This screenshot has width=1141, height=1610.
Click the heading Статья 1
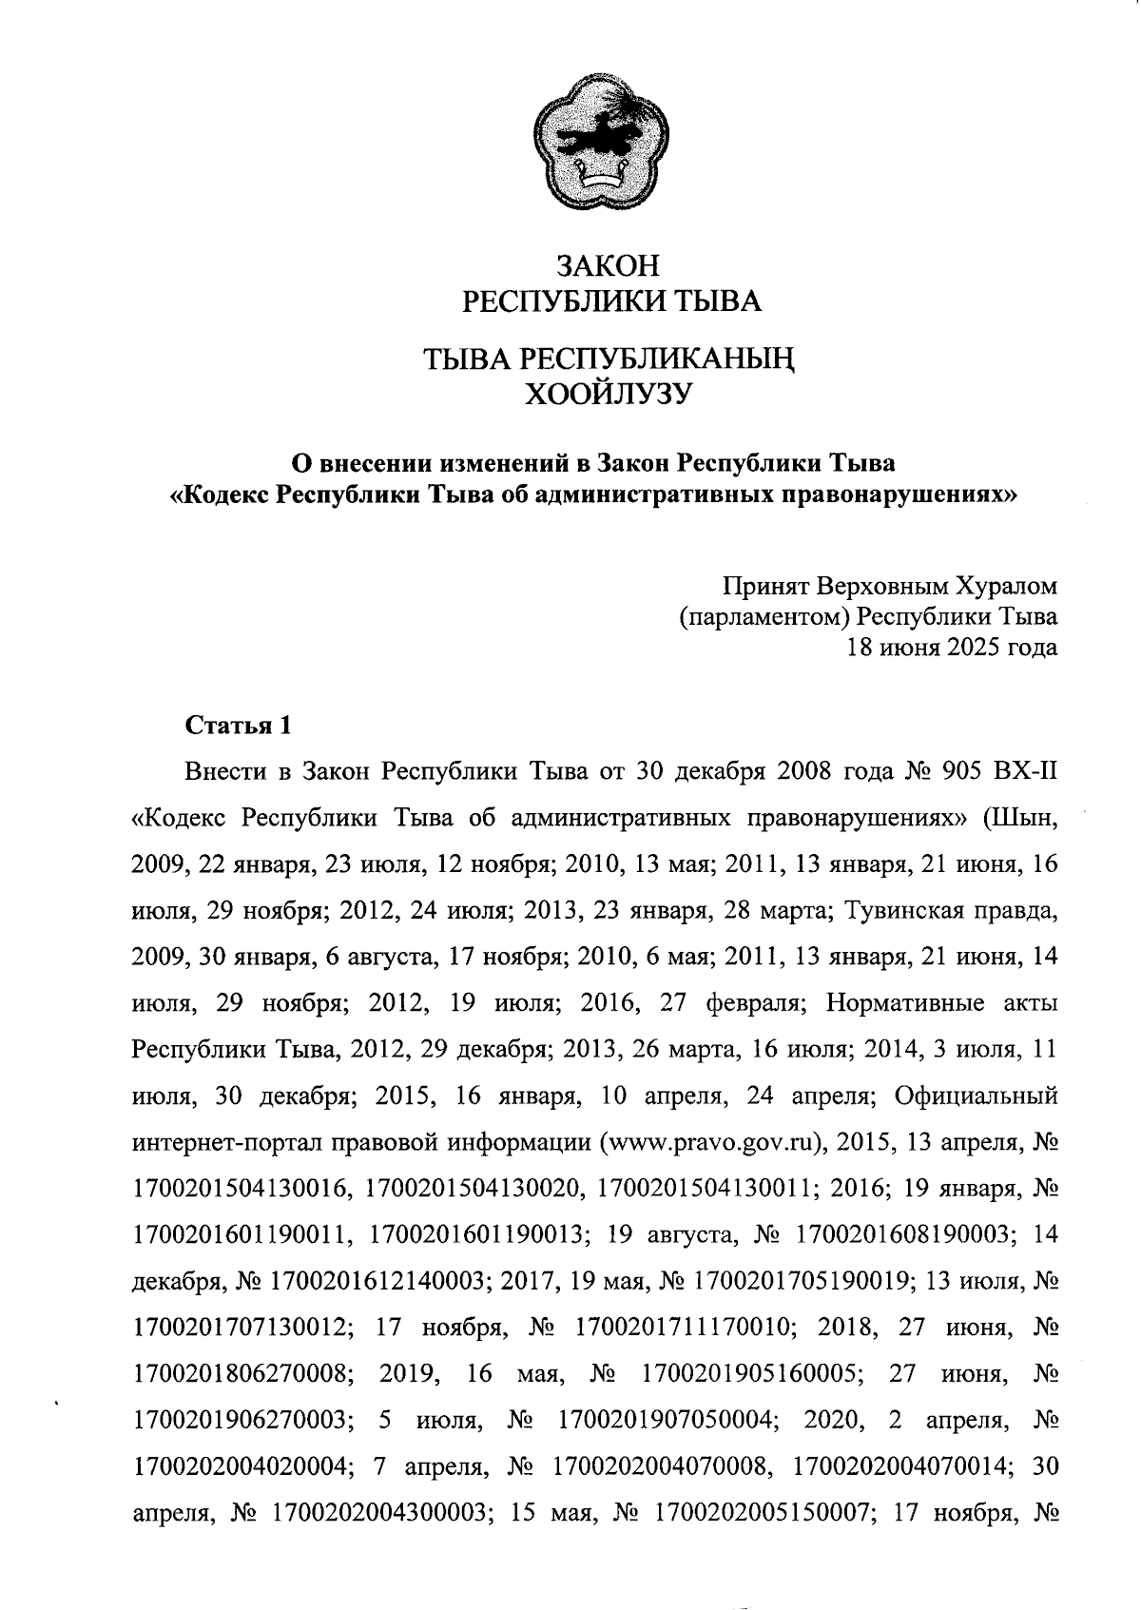tap(238, 726)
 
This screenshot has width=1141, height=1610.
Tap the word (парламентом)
tap(764, 616)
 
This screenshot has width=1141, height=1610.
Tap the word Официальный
tap(977, 1096)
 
